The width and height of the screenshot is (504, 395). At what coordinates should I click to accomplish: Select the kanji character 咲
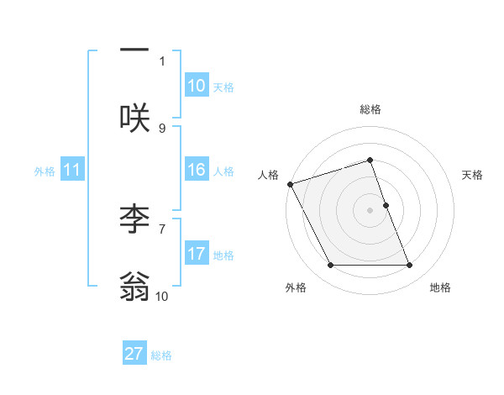(134, 118)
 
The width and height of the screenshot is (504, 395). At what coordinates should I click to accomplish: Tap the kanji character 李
(134, 219)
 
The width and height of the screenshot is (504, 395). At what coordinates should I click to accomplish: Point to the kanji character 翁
(134, 286)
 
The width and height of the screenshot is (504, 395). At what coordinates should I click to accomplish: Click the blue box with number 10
(197, 86)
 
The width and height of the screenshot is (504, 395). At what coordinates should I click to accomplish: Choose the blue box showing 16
(197, 170)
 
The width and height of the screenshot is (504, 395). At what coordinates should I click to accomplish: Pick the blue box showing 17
(197, 254)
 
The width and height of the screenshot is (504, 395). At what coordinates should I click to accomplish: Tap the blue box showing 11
(72, 171)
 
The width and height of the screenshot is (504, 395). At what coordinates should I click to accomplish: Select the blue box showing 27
(134, 354)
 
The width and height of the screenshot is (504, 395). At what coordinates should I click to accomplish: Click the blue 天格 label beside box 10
(223, 87)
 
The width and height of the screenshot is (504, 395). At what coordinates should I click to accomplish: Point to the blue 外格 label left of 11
(45, 171)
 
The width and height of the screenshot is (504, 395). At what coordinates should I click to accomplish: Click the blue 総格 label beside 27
(161, 355)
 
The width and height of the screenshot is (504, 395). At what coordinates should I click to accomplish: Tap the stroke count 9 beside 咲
(162, 128)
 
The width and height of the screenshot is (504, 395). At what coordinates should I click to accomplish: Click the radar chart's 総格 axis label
(370, 109)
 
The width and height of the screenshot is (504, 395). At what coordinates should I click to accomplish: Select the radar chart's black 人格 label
(268, 175)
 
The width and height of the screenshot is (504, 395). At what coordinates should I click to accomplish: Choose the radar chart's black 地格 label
(440, 288)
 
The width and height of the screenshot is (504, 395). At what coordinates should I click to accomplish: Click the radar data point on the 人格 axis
(290, 184)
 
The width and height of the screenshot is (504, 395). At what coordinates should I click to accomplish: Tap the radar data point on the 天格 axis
(386, 205)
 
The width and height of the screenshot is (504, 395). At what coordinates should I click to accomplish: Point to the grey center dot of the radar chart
(370, 210)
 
